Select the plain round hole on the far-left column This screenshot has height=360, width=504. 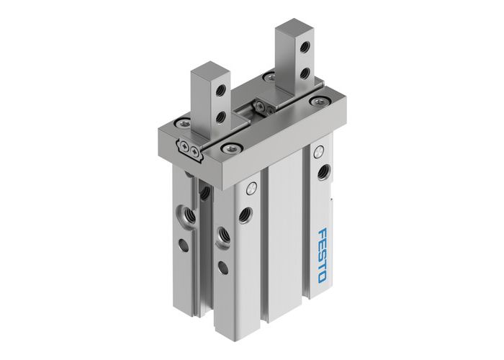[x=184, y=246]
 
